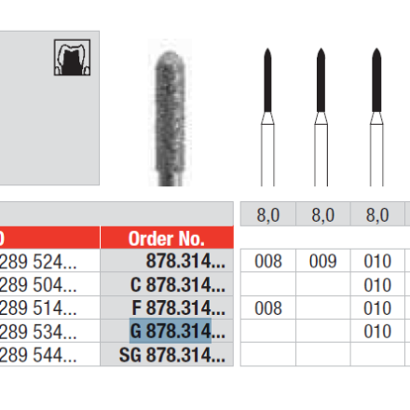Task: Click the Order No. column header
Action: click(167, 239)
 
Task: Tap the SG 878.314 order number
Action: click(172, 355)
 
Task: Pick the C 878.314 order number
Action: click(178, 284)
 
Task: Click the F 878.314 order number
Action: click(179, 307)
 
